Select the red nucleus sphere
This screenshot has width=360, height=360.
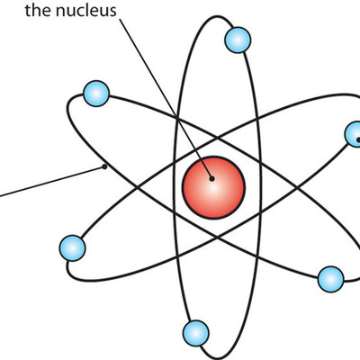[x=213, y=185]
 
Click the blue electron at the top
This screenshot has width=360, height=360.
[x=238, y=40]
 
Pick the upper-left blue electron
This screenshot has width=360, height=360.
[x=95, y=93]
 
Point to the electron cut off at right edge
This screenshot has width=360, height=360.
[x=354, y=135]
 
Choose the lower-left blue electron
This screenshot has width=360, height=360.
[x=72, y=247]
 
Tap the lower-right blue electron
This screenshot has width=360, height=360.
[x=330, y=277]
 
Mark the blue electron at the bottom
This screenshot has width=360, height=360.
[x=193, y=331]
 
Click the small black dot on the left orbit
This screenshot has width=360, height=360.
[x=105, y=166]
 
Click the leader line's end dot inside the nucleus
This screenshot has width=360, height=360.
[x=213, y=178]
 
